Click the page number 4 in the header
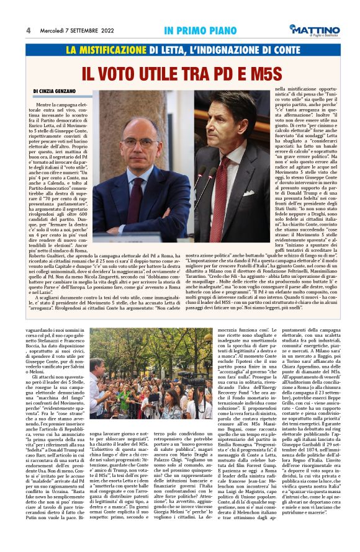[29, 30]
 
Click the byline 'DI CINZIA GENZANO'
[60, 91]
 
